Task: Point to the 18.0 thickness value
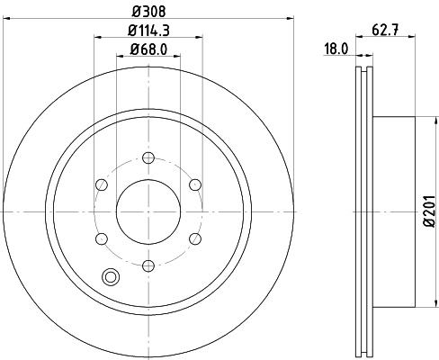pos(336,49)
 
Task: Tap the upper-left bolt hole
pos(101,185)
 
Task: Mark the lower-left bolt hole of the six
pos(101,238)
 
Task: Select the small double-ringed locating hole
pos(111,277)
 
